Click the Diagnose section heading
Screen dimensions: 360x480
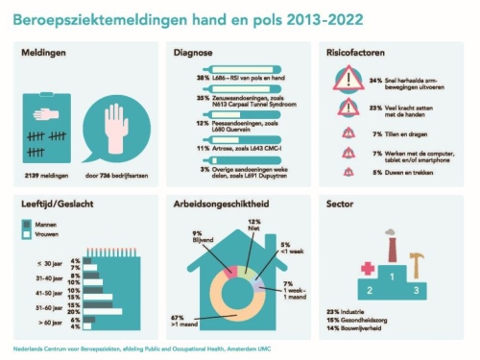(x=192, y=54)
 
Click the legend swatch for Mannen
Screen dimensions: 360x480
(x=29, y=224)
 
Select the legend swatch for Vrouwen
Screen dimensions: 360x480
(x=29, y=234)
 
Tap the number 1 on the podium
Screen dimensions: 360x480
(x=391, y=278)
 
